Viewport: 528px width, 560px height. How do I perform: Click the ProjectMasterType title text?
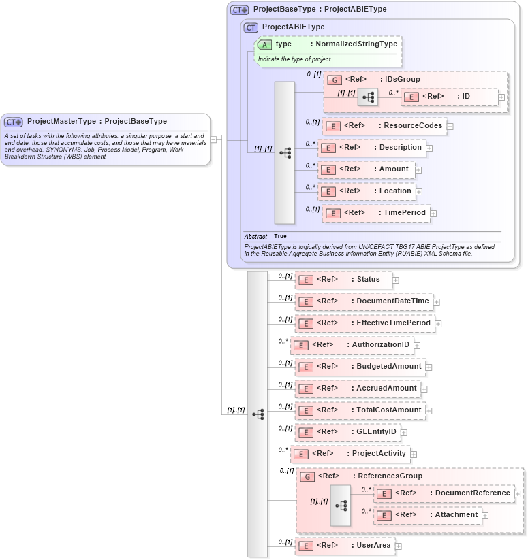pos(97,122)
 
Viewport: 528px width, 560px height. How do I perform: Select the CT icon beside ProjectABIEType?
pos(251,27)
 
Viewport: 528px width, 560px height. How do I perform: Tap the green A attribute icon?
pos(264,44)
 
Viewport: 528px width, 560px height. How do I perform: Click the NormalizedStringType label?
pos(356,44)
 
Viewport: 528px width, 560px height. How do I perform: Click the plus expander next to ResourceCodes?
pos(450,126)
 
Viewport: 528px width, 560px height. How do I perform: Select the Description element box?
pos(372,148)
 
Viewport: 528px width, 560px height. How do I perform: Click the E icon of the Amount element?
pos(328,169)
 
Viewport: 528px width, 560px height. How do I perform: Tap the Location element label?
pos(395,191)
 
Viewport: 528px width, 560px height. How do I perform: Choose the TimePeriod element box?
pos(376,213)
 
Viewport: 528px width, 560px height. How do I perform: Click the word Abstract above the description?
pos(255,237)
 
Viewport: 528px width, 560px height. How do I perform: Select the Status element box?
pos(343,280)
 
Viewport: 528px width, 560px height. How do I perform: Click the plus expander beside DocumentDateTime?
pos(437,301)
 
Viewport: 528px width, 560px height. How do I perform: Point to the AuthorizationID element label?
pos(380,345)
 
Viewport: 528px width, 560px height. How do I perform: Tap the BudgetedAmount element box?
pos(360,367)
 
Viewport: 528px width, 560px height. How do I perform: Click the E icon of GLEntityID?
pos(306,432)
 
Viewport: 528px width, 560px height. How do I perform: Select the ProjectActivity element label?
pos(378,454)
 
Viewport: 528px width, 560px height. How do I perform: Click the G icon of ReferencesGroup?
pos(307,476)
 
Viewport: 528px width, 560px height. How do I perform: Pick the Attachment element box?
pos(427,515)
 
